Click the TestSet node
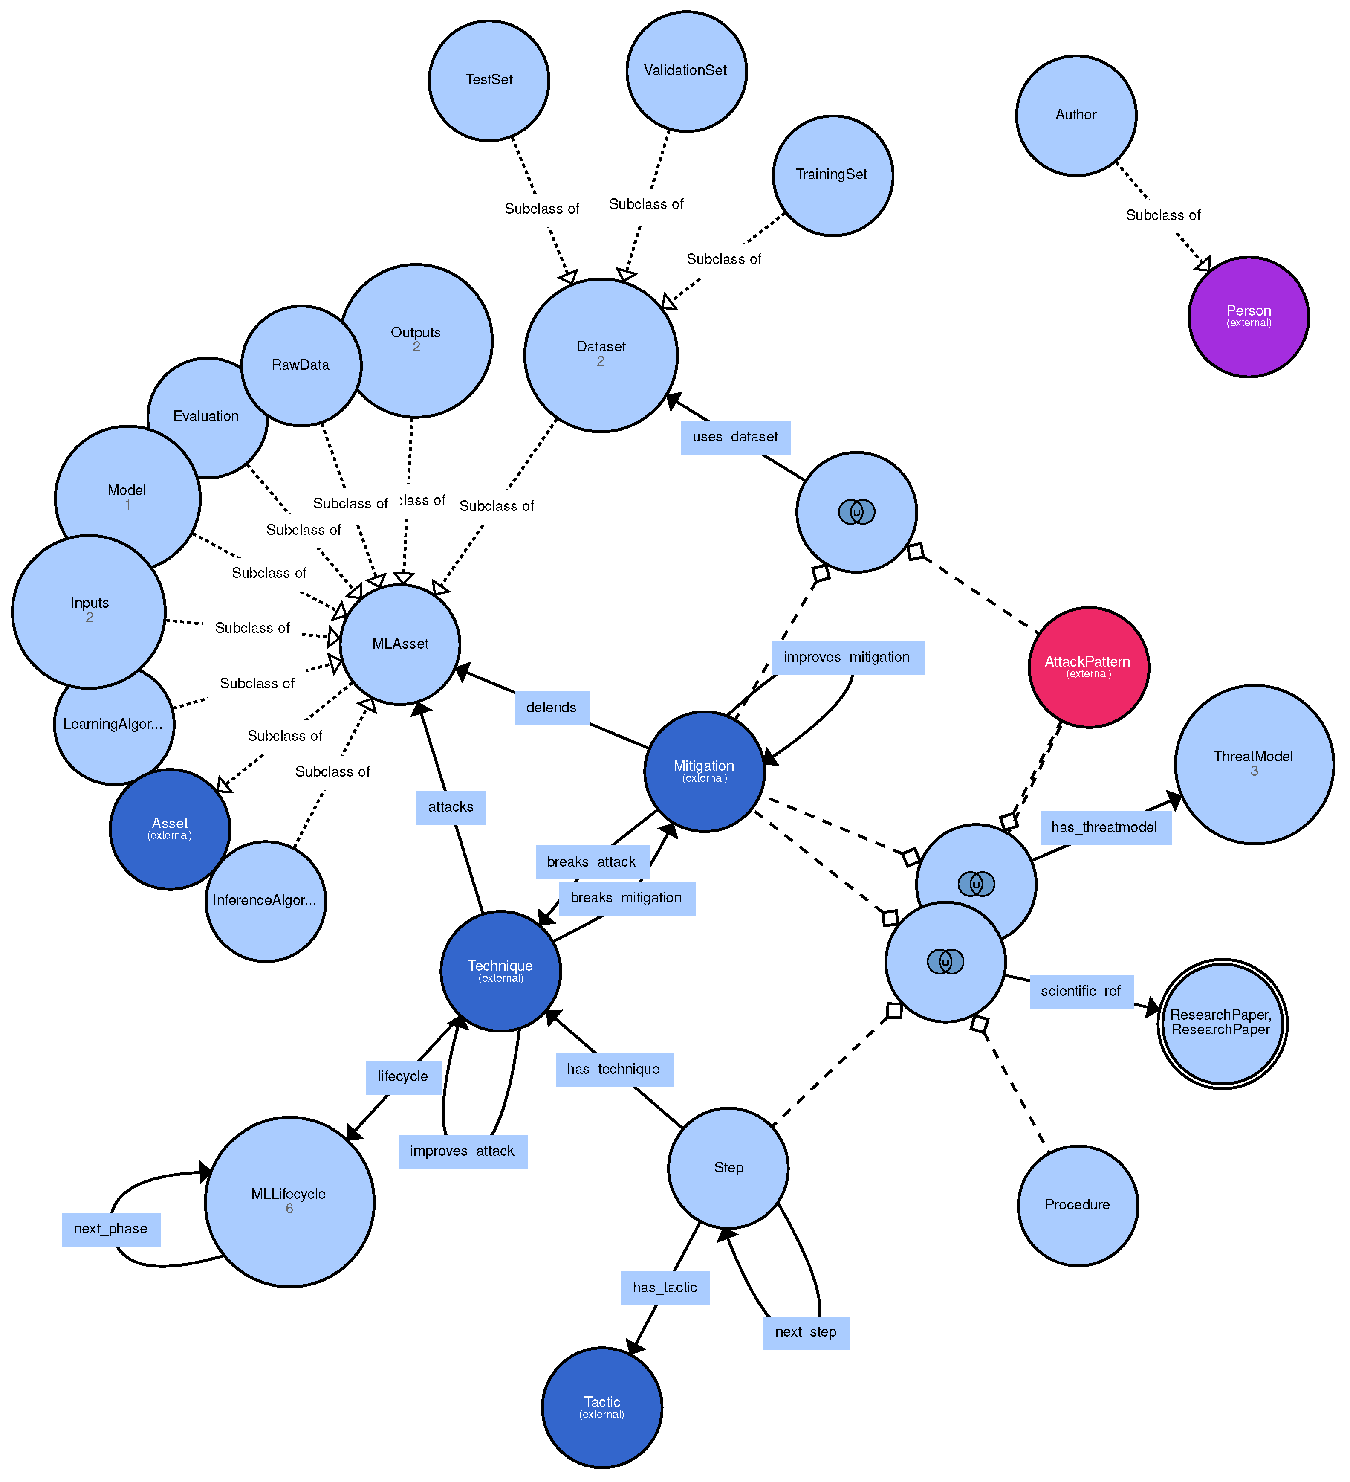tap(489, 80)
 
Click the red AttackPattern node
tap(1088, 667)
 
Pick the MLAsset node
tap(400, 644)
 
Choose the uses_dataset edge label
tap(735, 438)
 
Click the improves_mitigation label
tap(847, 657)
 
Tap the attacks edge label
tap(451, 807)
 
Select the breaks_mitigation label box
tap(626, 898)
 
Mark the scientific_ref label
tap(1080, 992)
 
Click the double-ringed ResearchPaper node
tap(1221, 1023)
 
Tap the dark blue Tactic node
tap(602, 1407)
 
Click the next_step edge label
tap(806, 1332)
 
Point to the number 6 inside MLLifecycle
tap(289, 1209)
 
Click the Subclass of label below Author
tap(1162, 215)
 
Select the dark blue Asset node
tap(170, 829)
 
